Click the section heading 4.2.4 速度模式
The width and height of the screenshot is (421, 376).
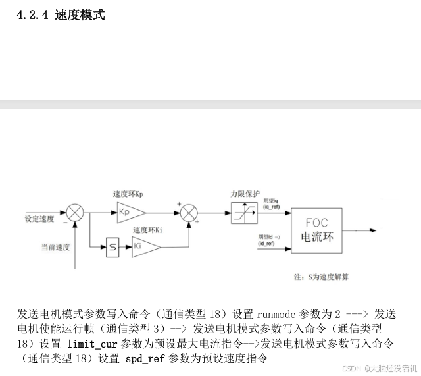tap(61, 14)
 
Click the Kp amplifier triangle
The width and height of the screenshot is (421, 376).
tap(131, 211)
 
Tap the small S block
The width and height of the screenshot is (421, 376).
tap(112, 248)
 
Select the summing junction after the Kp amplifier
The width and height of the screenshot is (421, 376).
tap(189, 212)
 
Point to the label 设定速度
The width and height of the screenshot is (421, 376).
tap(39, 218)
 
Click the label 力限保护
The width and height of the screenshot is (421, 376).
tap(243, 194)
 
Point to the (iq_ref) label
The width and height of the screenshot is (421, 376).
tap(271, 207)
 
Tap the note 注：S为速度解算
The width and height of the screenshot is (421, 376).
tap(321, 277)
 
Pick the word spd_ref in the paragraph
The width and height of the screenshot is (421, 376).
tap(145, 359)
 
